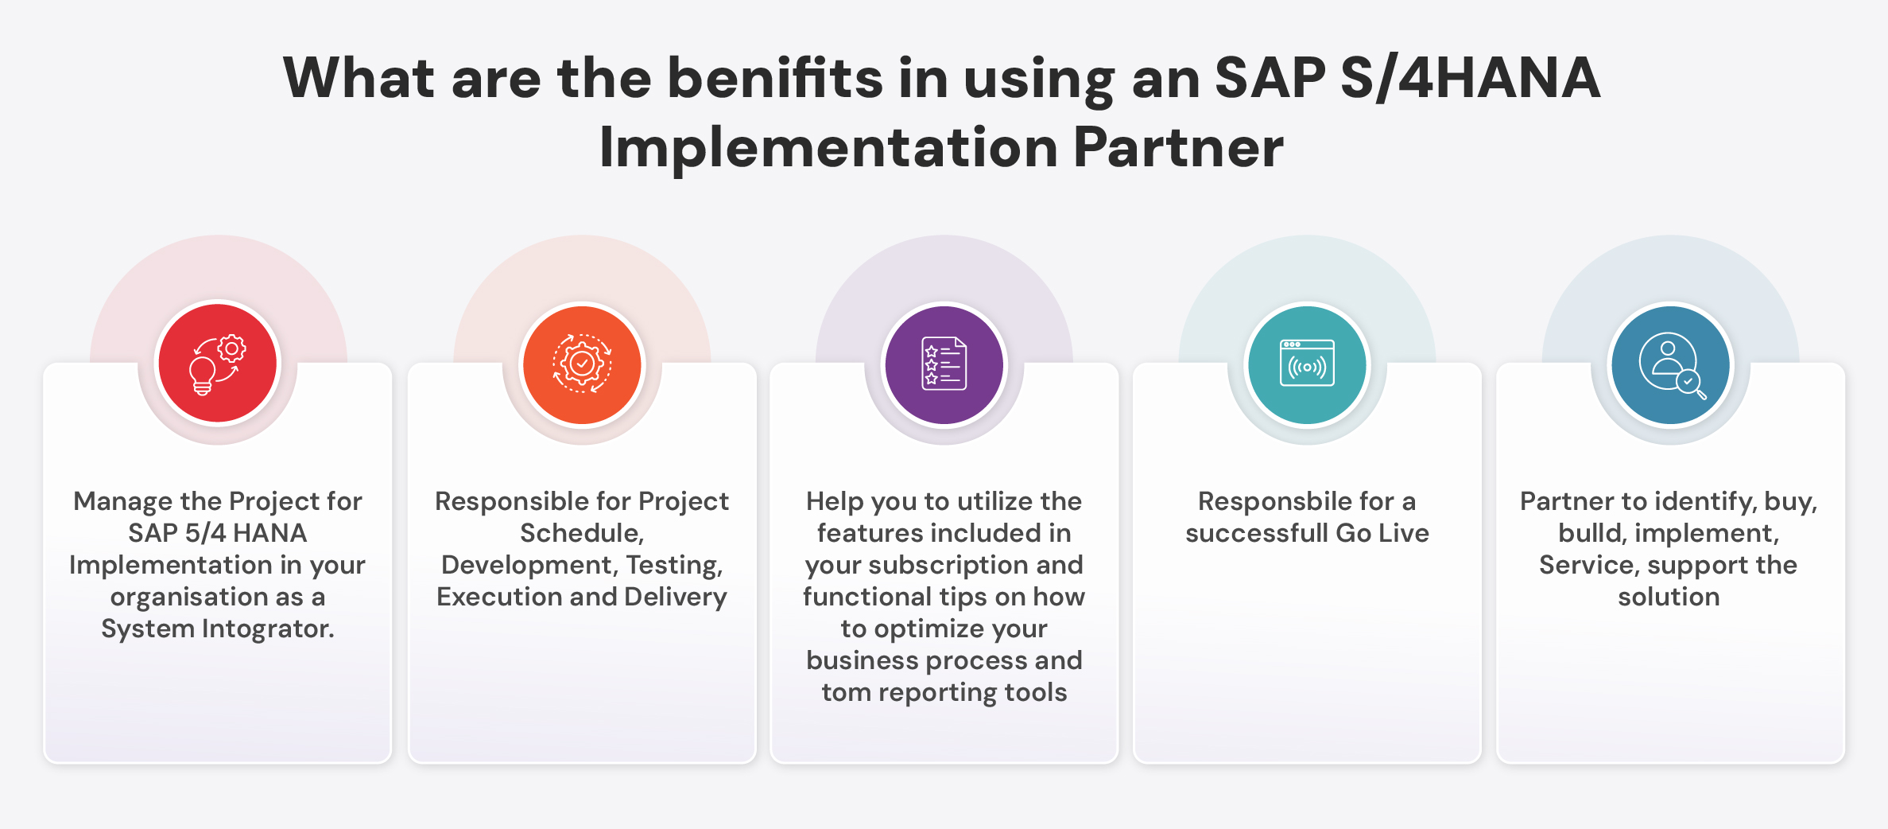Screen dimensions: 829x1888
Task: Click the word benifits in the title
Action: click(774, 79)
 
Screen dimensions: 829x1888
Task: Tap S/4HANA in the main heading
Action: click(1470, 79)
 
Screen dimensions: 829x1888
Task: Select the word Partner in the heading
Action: click(1178, 148)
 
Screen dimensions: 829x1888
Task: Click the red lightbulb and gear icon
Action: click(218, 364)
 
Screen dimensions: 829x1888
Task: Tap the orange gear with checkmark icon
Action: click(582, 364)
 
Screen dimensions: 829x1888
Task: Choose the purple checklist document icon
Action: click(944, 364)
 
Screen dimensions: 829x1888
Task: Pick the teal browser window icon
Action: click(1307, 364)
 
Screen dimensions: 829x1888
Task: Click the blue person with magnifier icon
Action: click(1670, 364)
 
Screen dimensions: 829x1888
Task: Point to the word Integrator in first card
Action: click(267, 629)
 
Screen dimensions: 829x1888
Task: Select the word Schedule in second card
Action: click(580, 533)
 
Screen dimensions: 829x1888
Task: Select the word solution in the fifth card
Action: click(1669, 597)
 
